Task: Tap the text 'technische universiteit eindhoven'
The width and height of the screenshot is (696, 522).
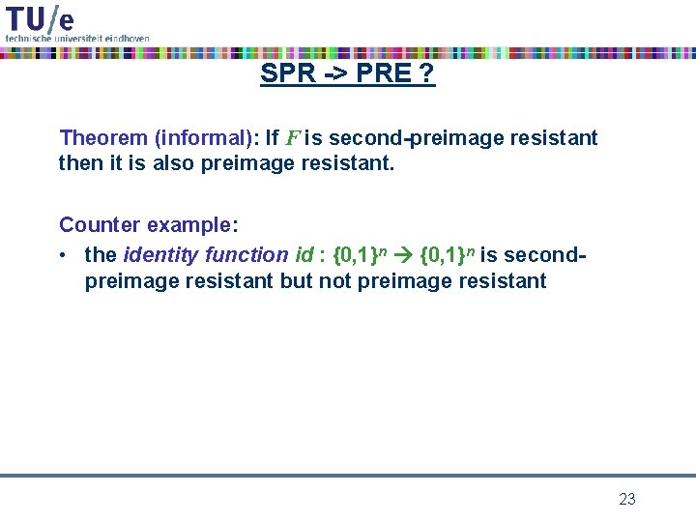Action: click(77, 38)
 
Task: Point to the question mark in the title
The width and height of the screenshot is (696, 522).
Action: click(426, 73)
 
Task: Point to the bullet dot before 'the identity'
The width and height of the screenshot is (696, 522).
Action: click(64, 255)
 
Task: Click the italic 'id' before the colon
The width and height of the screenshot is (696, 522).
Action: click(304, 255)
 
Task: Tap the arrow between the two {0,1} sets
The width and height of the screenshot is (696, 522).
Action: click(403, 256)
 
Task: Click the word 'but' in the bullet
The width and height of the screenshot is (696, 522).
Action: click(297, 281)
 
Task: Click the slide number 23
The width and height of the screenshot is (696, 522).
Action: click(627, 499)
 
